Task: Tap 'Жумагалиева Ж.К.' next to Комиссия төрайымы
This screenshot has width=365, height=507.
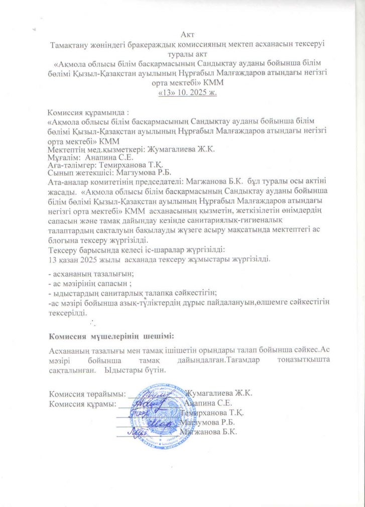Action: pos(219,393)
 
